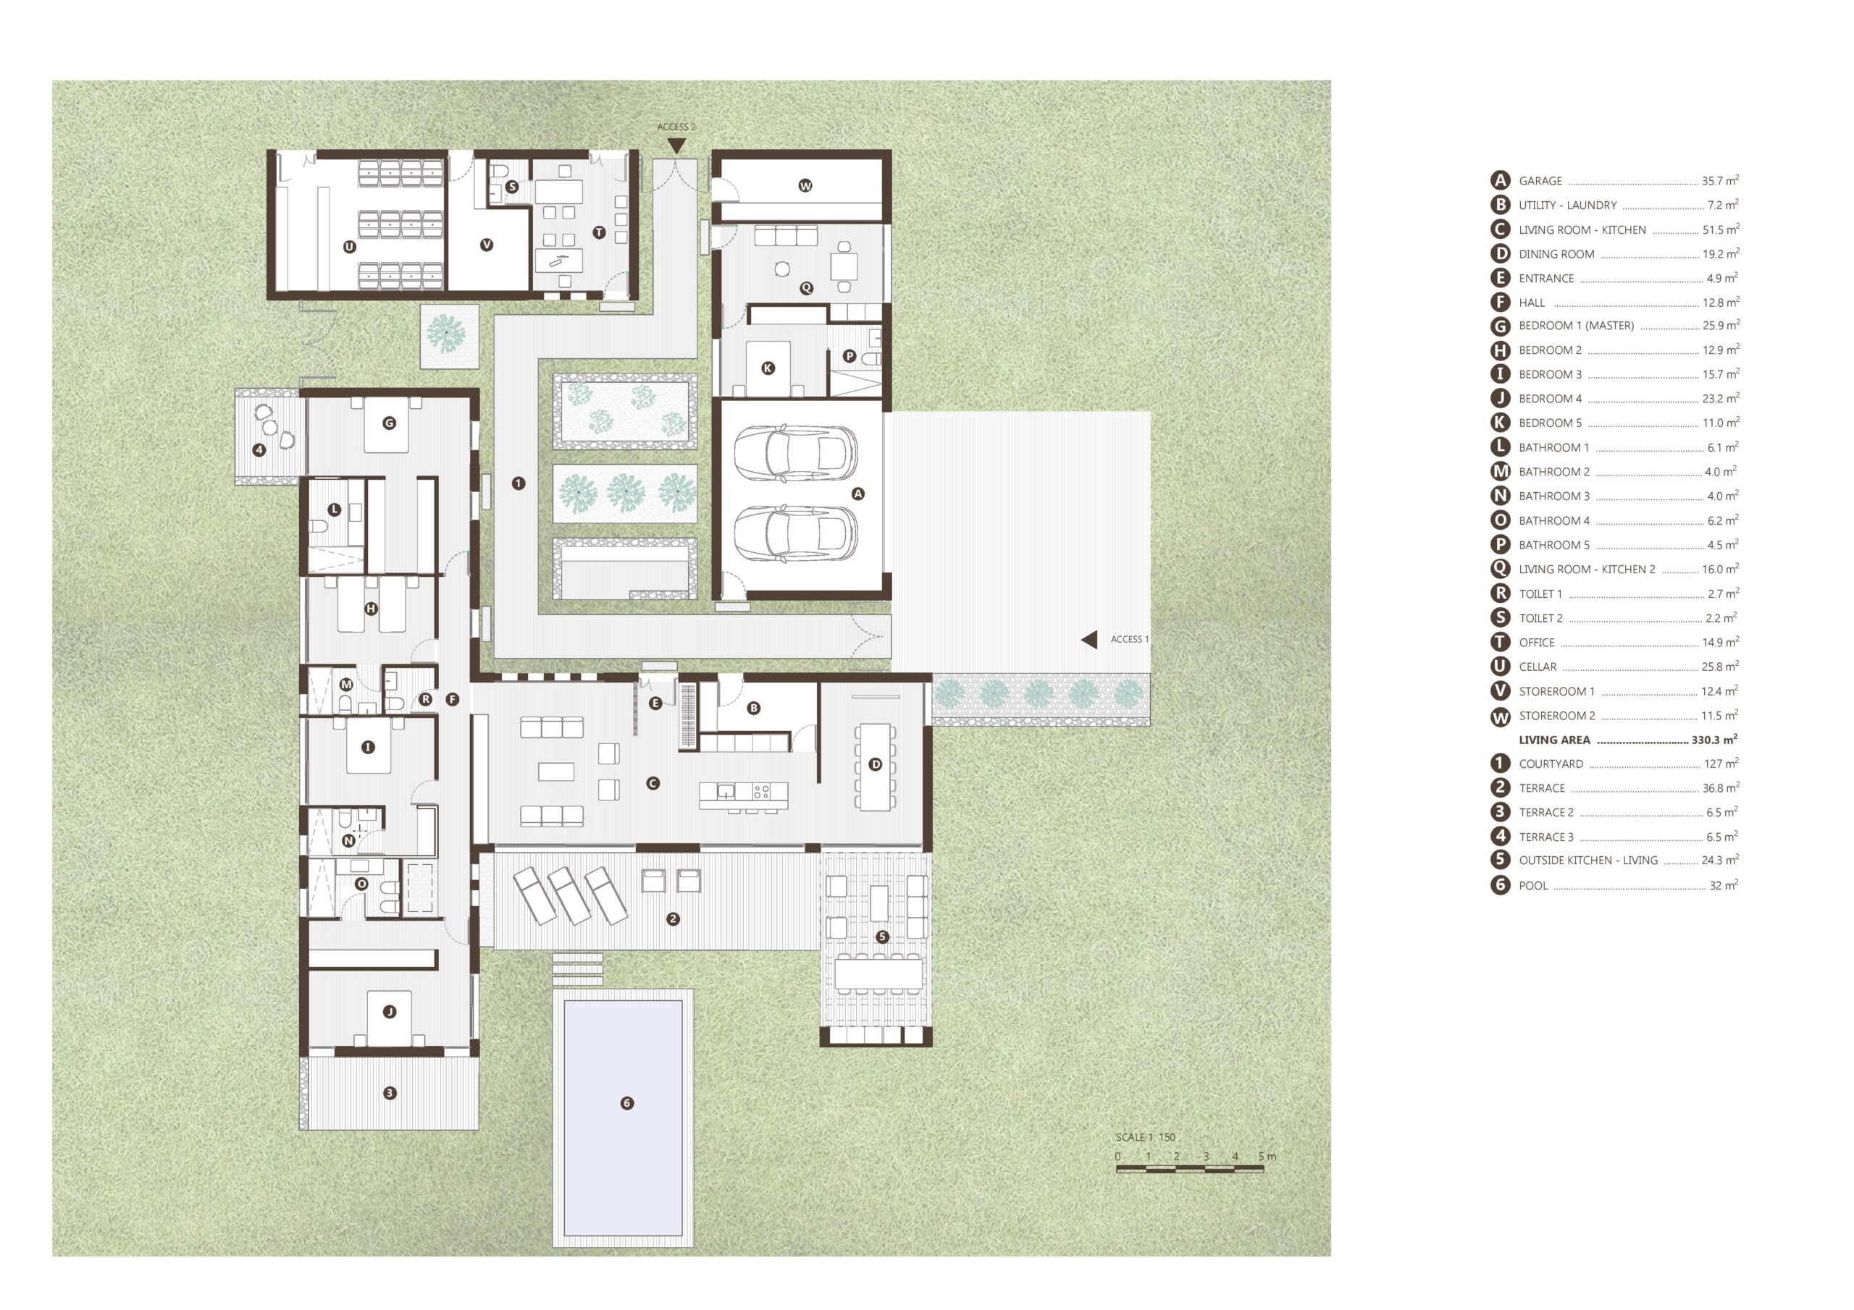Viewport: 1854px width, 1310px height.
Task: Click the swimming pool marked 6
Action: [623, 1118]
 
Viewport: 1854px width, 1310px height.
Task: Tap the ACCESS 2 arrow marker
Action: [676, 145]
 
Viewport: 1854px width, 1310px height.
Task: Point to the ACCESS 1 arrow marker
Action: [1089, 639]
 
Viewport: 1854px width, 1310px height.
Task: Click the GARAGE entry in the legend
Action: [1614, 181]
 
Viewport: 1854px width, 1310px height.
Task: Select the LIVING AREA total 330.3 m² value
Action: [1714, 740]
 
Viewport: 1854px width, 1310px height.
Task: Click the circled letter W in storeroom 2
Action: [805, 186]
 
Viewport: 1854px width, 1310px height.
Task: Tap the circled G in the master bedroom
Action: [389, 423]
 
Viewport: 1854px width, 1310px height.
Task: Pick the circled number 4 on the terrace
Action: [259, 449]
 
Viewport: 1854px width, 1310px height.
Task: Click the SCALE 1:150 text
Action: [1145, 1137]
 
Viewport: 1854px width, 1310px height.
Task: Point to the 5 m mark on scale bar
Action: [1267, 1157]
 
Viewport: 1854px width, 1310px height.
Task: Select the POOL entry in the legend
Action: [1614, 884]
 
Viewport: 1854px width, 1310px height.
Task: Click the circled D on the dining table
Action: [876, 764]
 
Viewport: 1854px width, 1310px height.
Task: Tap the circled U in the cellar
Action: [350, 247]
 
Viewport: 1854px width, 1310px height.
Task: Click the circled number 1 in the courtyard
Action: [519, 483]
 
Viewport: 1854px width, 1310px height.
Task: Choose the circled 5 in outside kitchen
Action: [882, 937]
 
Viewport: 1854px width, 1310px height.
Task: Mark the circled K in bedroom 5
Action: [768, 368]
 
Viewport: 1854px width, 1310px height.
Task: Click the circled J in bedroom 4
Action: [389, 1011]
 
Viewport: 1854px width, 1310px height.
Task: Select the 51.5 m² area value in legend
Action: [1721, 229]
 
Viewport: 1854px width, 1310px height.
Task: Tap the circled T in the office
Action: [599, 232]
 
